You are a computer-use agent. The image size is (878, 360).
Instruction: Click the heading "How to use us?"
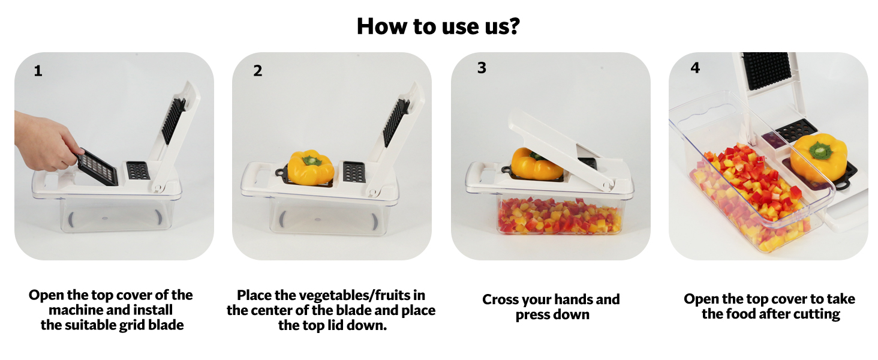click(x=438, y=26)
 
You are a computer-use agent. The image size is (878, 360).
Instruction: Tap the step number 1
click(x=38, y=71)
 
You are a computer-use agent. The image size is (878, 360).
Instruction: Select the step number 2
click(x=257, y=71)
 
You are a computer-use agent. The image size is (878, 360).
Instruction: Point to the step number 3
click(x=482, y=67)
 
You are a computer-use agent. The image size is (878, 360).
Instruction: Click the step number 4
click(x=695, y=67)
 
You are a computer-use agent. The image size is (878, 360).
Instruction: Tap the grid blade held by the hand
click(x=97, y=167)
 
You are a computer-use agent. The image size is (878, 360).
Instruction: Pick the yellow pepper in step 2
click(x=311, y=167)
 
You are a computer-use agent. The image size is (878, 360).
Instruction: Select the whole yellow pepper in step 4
click(x=819, y=157)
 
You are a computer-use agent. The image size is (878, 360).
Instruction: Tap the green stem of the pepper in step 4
click(x=819, y=149)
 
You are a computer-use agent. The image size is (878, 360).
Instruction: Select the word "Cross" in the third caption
click(x=500, y=299)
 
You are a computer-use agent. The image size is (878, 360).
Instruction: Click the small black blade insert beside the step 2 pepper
click(x=354, y=172)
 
